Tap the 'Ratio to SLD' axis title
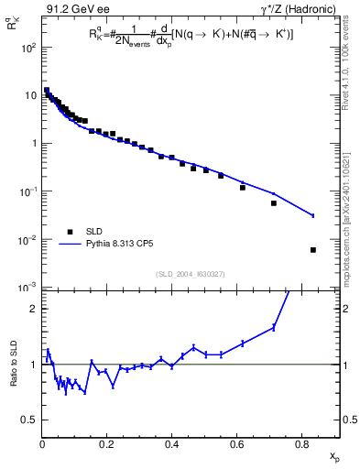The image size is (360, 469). pos(13,377)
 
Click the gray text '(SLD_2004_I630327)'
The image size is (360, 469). pos(191,273)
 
